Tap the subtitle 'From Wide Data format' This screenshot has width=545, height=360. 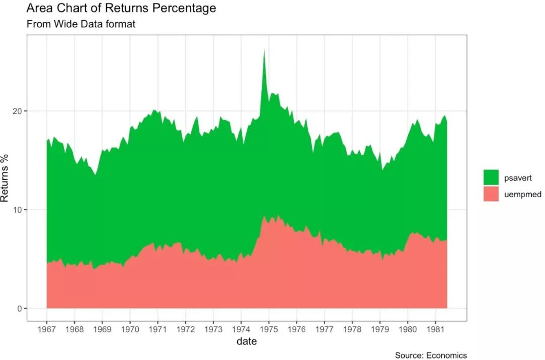(x=81, y=24)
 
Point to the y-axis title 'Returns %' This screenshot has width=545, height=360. (x=5, y=178)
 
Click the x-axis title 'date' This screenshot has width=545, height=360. (x=247, y=341)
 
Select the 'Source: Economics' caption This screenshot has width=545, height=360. (x=430, y=355)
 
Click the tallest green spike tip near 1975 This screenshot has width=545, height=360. (x=263, y=50)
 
